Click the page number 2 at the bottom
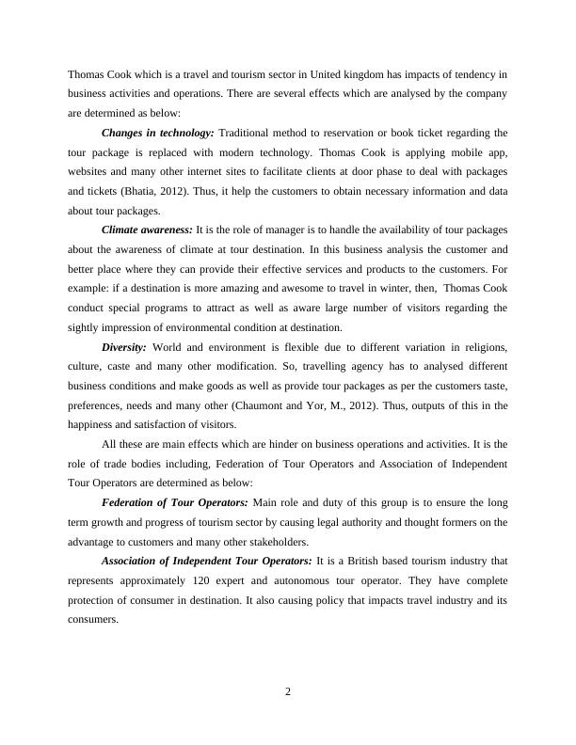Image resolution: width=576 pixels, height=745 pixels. coord(288,692)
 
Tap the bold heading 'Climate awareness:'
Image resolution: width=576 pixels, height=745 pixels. coord(147,229)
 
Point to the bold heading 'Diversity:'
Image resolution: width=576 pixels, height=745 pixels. coord(123,347)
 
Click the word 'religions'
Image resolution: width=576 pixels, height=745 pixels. coord(482,347)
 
